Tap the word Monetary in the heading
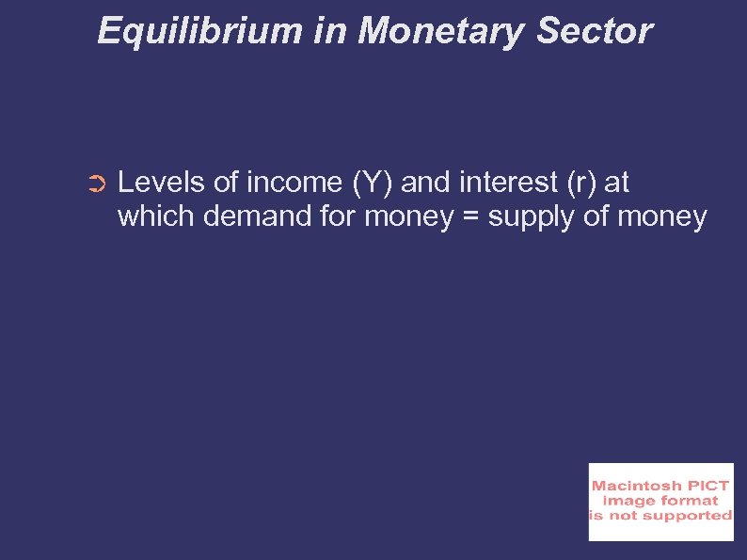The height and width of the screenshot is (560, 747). pos(439,31)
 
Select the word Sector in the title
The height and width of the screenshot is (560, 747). pos(594,31)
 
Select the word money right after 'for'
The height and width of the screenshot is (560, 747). pos(407,218)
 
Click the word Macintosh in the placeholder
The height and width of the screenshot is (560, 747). pos(636,486)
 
